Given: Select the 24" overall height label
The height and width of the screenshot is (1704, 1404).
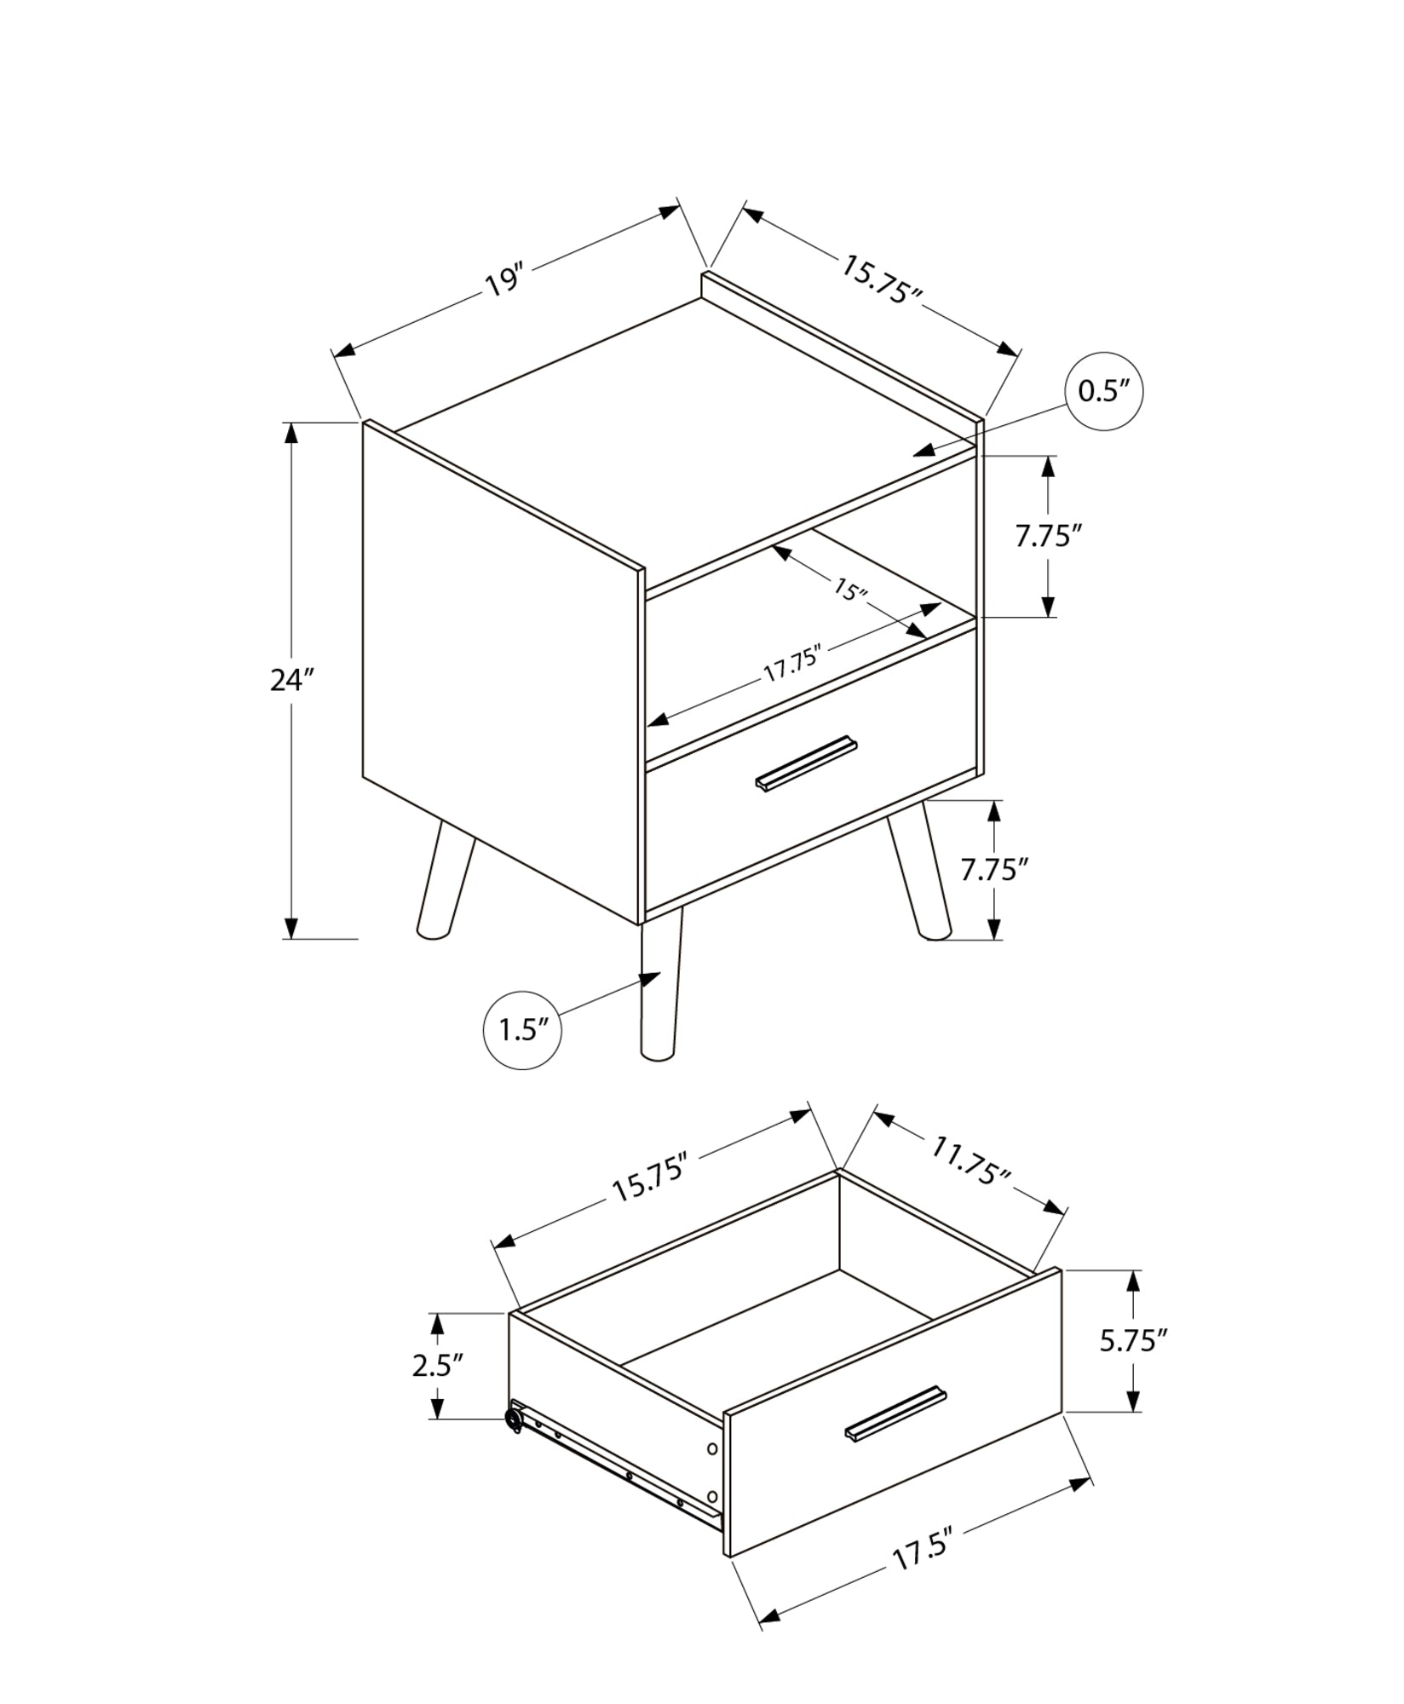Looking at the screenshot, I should point(292,680).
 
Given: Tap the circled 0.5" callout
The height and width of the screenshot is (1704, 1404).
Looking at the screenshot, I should point(1103,391).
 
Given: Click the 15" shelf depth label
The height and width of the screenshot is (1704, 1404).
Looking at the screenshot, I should point(849,590).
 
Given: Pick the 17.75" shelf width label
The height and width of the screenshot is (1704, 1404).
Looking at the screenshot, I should point(791,664).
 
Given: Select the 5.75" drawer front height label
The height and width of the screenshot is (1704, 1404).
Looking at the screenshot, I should point(1132,1365).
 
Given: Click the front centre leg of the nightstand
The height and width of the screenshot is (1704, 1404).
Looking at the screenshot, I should point(660,988).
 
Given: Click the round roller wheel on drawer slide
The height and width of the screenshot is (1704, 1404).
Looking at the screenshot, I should point(514,1419).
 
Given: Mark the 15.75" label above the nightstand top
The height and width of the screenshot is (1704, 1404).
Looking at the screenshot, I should point(882,279).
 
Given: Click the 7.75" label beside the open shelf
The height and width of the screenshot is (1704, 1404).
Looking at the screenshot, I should point(1048,536).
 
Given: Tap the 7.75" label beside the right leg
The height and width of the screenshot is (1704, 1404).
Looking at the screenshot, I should point(994,870).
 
